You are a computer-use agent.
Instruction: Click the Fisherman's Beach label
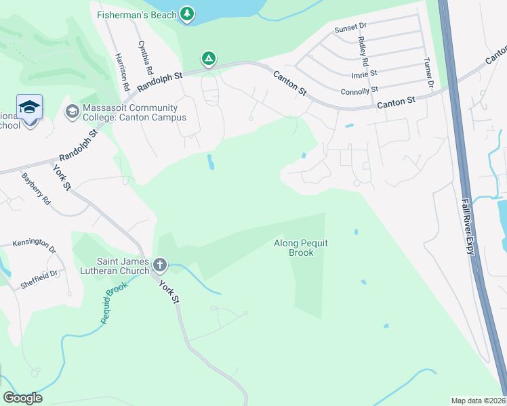[136, 14]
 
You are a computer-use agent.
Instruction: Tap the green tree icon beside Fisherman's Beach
[187, 14]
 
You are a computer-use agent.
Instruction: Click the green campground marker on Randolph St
[209, 60]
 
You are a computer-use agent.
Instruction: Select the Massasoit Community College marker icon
[73, 110]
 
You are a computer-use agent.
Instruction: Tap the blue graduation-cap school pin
[29, 107]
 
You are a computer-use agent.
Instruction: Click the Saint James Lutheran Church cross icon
[160, 264]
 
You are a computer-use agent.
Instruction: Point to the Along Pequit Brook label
[302, 248]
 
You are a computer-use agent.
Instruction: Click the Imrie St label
[364, 73]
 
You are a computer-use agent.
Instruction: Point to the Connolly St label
[359, 91]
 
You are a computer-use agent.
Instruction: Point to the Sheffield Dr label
[39, 274]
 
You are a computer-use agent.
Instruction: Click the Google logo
[22, 398]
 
